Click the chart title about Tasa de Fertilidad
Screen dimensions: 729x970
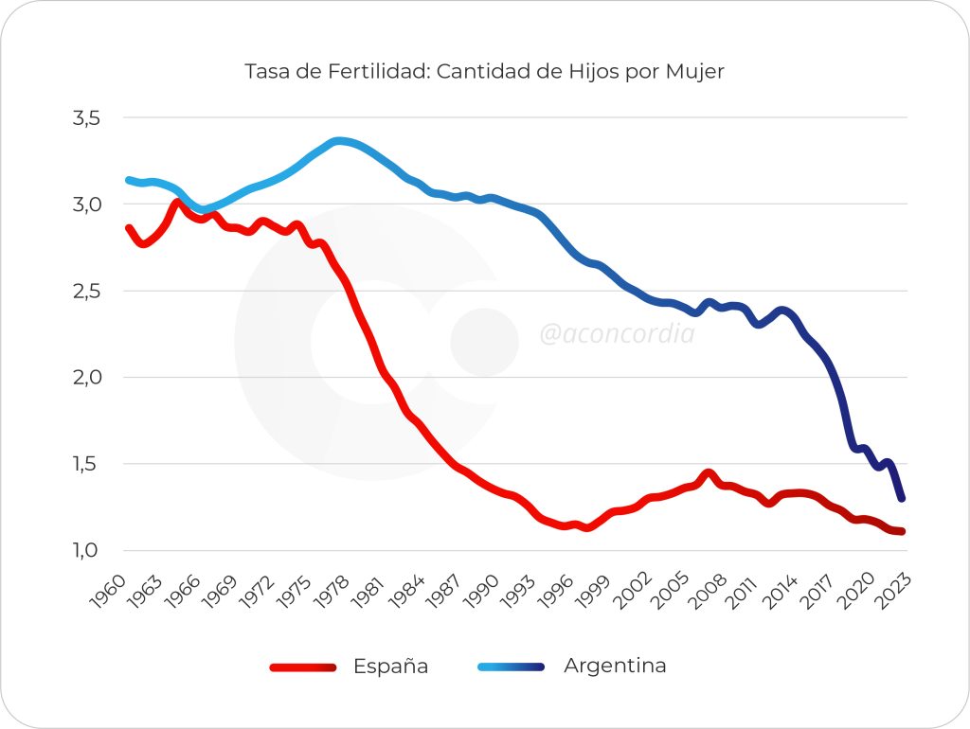(484, 72)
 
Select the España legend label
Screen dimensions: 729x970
(390, 667)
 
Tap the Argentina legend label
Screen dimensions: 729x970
(615, 666)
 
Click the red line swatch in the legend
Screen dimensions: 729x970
(303, 667)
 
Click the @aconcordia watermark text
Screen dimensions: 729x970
(617, 334)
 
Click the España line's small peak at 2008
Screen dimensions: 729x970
(708, 473)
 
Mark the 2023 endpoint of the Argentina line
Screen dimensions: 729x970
(902, 498)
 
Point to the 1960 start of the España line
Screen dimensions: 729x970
(129, 228)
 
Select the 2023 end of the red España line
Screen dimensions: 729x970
(902, 531)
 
